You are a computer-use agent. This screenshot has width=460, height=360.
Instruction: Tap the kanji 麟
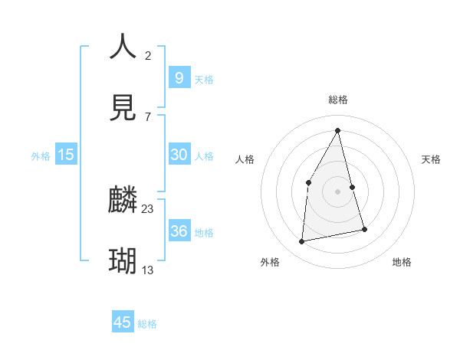click(x=123, y=201)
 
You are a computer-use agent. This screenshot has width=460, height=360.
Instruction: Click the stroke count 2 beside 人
click(x=148, y=55)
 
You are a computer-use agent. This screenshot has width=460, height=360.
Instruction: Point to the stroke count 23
click(x=148, y=208)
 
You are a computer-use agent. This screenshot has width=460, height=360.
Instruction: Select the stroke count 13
click(x=148, y=270)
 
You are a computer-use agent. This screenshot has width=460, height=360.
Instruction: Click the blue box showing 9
click(x=179, y=77)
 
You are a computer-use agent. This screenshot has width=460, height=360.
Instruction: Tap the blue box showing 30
click(x=179, y=154)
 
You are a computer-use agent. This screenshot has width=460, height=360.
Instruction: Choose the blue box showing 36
click(x=179, y=231)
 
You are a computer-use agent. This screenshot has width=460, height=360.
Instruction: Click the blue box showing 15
click(x=66, y=155)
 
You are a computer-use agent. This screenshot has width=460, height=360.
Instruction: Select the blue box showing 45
click(x=123, y=322)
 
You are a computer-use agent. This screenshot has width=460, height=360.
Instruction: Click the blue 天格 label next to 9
click(x=204, y=79)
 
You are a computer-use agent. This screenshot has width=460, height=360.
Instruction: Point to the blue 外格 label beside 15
click(x=41, y=155)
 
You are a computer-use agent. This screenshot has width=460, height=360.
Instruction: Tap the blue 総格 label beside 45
click(x=147, y=324)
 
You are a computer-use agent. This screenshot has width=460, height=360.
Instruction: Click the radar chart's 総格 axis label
click(x=338, y=100)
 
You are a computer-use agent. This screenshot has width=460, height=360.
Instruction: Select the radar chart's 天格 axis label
click(x=432, y=159)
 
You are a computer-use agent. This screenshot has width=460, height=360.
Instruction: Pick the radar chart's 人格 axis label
click(x=245, y=159)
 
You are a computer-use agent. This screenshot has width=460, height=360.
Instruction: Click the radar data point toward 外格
click(x=302, y=242)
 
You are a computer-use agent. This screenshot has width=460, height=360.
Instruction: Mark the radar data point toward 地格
click(x=364, y=229)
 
